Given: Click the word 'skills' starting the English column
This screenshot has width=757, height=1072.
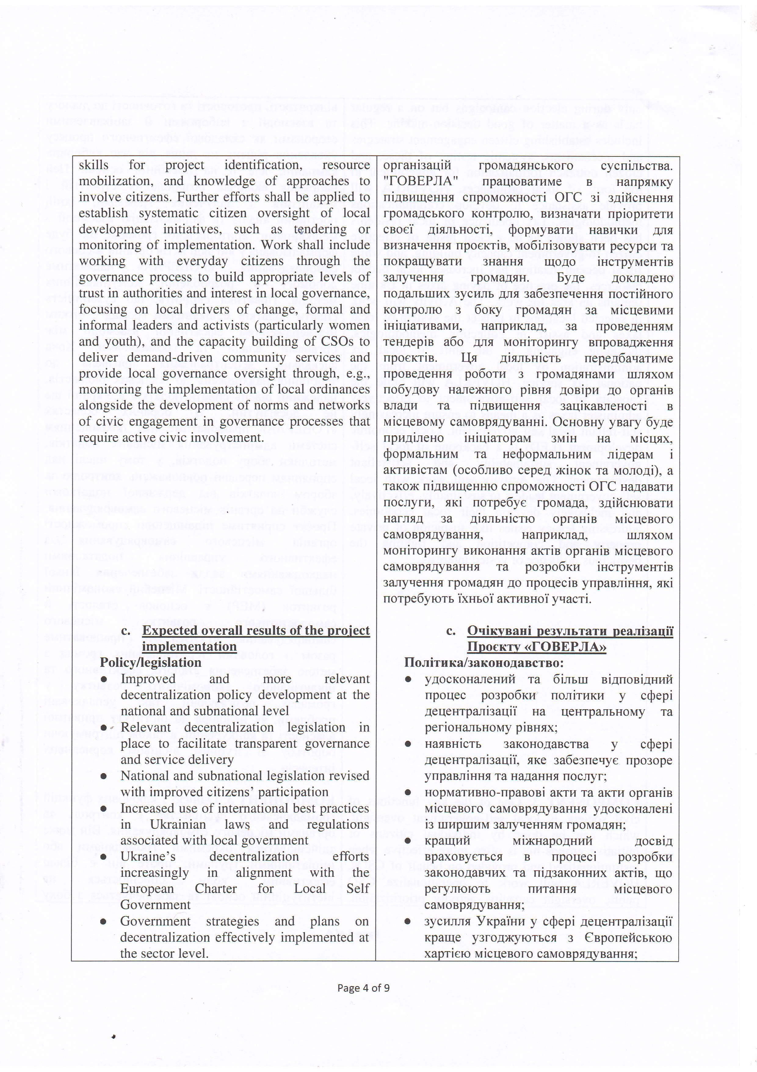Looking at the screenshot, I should pyautogui.click(x=93, y=165).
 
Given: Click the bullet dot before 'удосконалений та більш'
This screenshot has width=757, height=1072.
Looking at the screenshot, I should pyautogui.click(x=408, y=679).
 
